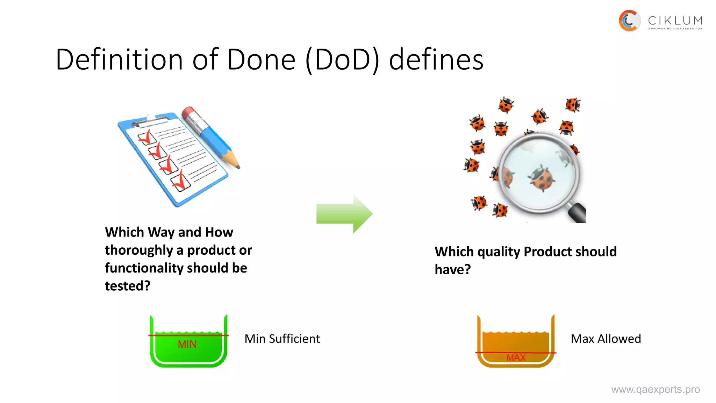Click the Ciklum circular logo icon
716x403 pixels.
[x=629, y=21]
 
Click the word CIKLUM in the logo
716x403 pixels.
[x=675, y=21]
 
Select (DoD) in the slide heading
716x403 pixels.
[x=342, y=59]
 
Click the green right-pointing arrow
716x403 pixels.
[x=344, y=214]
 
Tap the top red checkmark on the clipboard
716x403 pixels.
[x=147, y=137]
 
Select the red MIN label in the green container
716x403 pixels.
[x=187, y=345]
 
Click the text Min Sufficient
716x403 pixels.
[x=282, y=339]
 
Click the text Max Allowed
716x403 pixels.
[x=606, y=339]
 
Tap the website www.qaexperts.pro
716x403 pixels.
[x=655, y=389]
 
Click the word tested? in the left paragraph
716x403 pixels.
[x=128, y=286]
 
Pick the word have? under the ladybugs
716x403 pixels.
[x=452, y=270]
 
